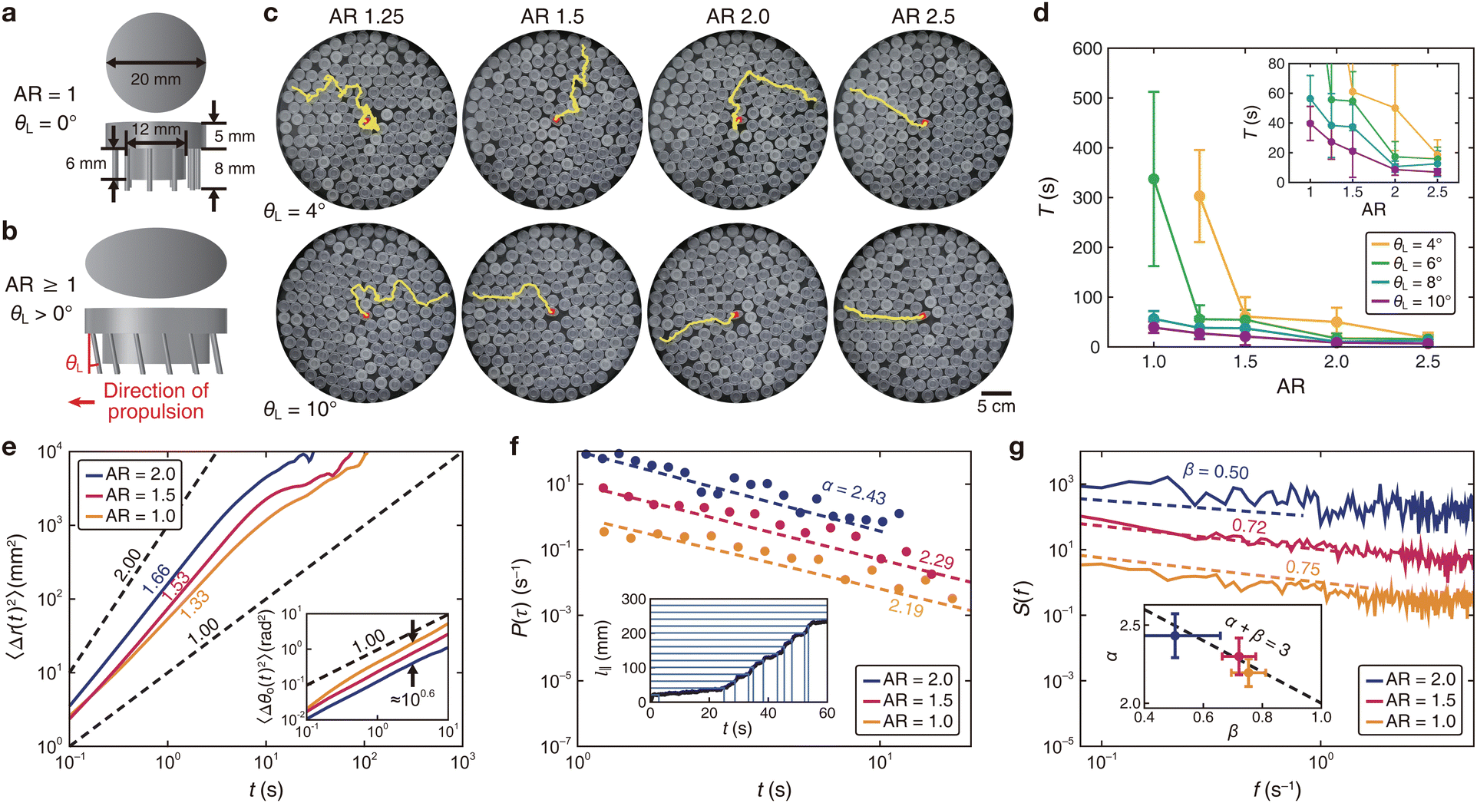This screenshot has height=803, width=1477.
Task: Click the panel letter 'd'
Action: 1042,13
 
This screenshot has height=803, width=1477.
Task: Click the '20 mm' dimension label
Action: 155,79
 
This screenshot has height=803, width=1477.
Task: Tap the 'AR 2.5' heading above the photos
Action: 923,17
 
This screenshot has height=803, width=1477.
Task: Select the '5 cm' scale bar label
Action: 996,406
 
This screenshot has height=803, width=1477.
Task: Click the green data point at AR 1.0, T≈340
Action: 1153,179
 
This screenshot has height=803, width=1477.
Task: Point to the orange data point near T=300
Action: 1199,197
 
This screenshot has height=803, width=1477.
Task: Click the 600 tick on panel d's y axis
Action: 1087,48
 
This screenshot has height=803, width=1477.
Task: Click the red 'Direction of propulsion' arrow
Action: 81,401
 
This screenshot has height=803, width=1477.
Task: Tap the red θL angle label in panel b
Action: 74,363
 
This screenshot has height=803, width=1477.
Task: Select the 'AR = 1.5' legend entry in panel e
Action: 130,495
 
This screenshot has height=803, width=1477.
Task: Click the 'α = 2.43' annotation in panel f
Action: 854,491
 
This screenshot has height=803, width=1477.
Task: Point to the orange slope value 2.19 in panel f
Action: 906,608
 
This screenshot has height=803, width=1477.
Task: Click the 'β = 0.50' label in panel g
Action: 1215,471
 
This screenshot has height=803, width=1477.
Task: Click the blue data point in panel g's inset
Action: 1175,636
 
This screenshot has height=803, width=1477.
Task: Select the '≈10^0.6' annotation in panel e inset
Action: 412,697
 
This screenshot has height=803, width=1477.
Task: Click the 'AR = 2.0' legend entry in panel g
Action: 1410,679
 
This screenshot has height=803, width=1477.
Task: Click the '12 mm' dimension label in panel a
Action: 157,130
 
